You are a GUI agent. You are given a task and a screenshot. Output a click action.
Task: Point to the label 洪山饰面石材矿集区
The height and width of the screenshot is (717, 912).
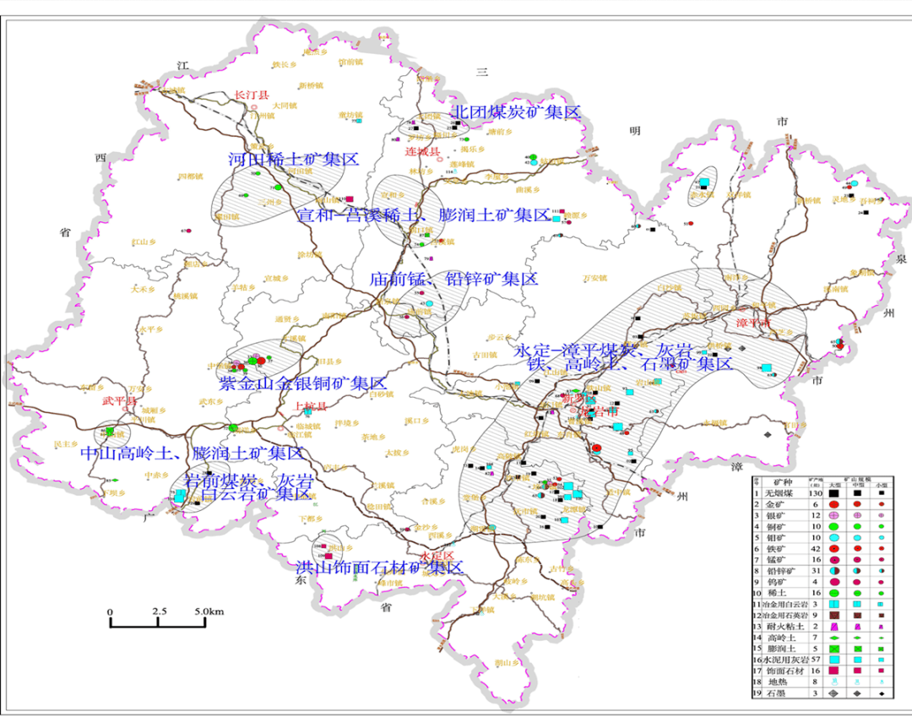tap(379, 568)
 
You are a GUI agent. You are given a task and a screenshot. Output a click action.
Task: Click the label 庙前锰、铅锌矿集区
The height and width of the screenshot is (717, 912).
tap(453, 279)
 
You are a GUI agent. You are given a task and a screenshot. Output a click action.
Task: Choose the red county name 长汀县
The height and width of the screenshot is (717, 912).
tap(251, 95)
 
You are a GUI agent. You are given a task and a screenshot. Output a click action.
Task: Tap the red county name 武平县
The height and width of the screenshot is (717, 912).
tap(118, 400)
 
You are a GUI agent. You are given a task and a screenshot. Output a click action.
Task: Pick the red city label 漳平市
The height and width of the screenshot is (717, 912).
tap(754, 323)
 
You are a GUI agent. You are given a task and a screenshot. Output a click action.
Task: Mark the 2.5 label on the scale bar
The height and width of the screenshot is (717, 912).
tap(160, 611)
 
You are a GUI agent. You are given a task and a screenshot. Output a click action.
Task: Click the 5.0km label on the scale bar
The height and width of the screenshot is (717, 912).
tap(205, 611)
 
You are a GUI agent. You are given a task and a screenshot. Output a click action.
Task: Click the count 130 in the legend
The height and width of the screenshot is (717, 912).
tap(816, 493)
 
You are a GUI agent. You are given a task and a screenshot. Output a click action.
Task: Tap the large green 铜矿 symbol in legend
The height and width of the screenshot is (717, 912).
tap(833, 526)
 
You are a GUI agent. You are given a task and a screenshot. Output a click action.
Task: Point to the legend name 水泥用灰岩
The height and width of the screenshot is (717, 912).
tap(785, 660)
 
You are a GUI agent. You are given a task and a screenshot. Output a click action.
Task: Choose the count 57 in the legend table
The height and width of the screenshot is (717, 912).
tap(816, 660)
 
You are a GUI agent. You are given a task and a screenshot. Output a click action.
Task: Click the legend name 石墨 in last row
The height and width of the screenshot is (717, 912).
tap(776, 693)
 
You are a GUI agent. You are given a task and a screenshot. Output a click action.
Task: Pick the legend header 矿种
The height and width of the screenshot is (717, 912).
tap(783, 482)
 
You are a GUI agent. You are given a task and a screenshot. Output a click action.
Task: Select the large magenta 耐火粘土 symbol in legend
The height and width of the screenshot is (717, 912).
tap(833, 627)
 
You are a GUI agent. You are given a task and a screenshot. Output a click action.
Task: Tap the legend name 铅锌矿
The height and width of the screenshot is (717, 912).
tap(780, 571)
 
